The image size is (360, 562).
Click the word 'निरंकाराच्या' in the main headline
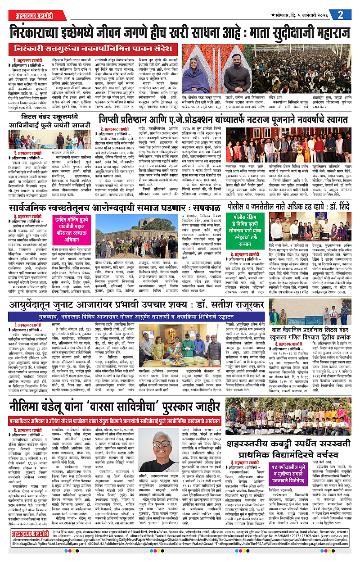[43, 33]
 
